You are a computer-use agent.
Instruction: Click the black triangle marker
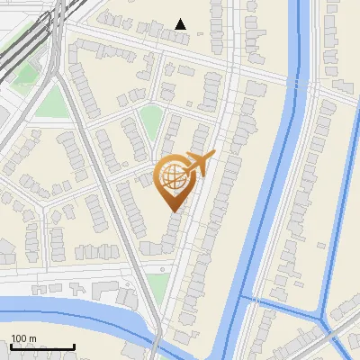(181, 23)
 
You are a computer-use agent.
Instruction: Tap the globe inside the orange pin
(174, 175)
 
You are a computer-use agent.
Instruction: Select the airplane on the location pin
(199, 164)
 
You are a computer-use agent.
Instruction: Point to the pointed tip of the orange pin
(174, 211)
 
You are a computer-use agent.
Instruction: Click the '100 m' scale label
(24, 337)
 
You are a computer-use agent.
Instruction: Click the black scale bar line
(42, 346)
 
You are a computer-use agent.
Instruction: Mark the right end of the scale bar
(74, 346)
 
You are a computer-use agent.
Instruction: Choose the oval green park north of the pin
(150, 120)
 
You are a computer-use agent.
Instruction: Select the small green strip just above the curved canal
(158, 286)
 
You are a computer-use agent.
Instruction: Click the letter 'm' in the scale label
(32, 337)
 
